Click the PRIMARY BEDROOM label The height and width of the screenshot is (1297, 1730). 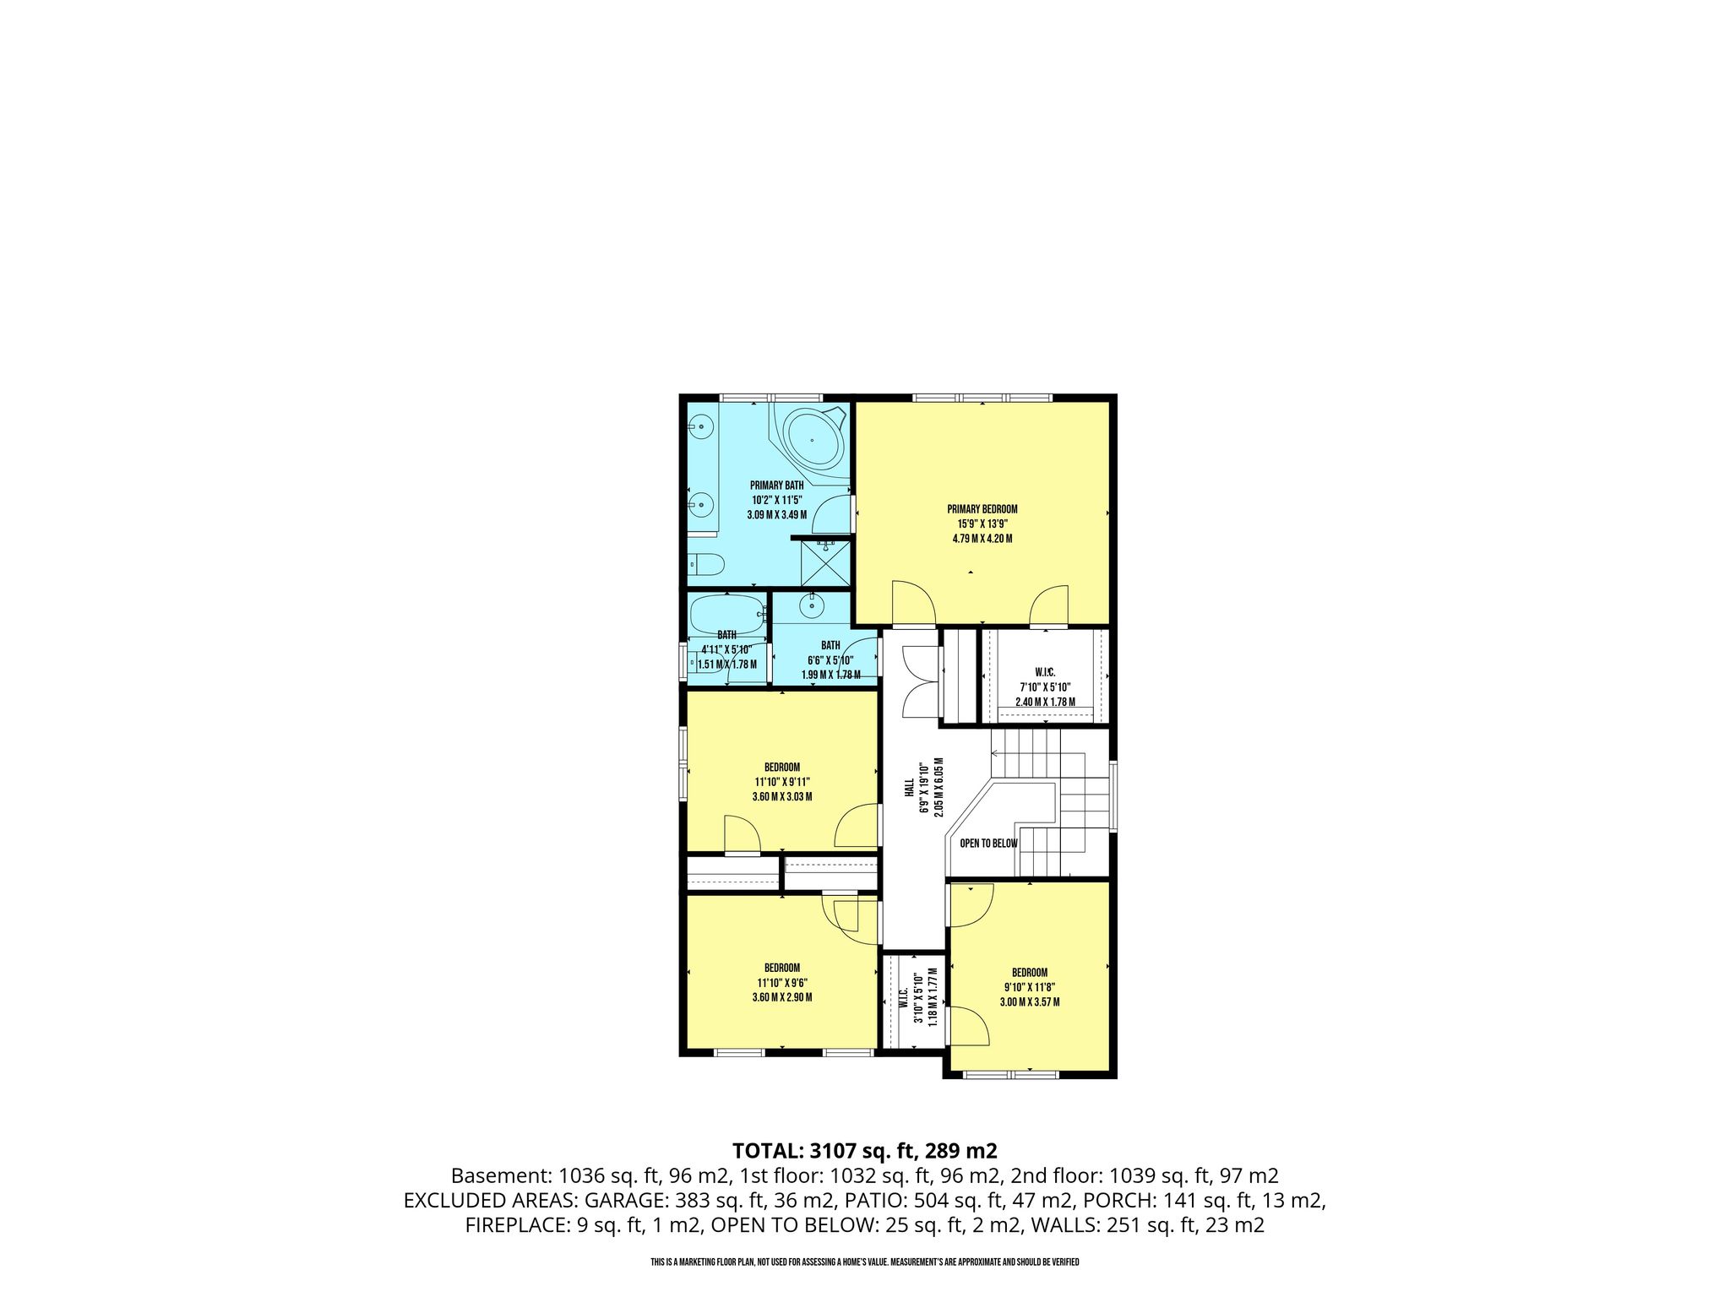pyautogui.click(x=982, y=509)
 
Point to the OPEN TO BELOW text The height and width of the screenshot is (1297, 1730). pyautogui.click(x=988, y=844)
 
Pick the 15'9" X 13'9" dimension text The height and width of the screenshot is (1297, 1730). pyautogui.click(x=982, y=524)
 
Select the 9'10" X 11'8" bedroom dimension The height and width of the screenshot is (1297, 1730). pyautogui.click(x=1030, y=987)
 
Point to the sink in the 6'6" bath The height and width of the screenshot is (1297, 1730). pyautogui.click(x=813, y=605)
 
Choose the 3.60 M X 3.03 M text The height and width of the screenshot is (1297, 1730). pyautogui.click(x=781, y=796)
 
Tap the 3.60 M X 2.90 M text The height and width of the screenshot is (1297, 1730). pyautogui.click(x=781, y=996)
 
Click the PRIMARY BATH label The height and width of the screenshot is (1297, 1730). pyautogui.click(x=776, y=486)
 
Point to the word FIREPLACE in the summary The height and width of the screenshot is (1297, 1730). pyautogui.click(x=513, y=1226)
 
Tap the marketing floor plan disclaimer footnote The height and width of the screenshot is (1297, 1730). pyautogui.click(x=865, y=1262)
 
